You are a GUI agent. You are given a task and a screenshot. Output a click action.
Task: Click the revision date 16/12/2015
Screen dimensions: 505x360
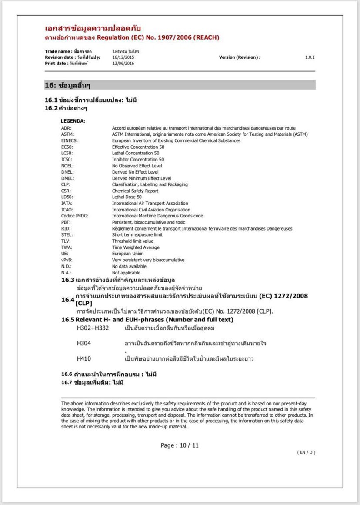122,57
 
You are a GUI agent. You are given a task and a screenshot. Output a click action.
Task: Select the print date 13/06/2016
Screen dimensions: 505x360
123,64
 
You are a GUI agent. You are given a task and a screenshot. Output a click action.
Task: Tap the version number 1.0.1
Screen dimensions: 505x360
310,57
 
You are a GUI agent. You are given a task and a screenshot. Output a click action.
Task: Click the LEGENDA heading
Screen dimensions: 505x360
73,121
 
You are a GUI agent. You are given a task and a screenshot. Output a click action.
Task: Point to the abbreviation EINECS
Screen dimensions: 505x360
70,140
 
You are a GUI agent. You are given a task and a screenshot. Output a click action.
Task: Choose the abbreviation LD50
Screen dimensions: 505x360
67,197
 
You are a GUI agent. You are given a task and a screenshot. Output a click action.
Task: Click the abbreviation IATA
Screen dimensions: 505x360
67,203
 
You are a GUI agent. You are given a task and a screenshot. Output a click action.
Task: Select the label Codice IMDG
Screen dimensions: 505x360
74,216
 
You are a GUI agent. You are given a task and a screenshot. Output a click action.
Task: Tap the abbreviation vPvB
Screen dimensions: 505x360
67,260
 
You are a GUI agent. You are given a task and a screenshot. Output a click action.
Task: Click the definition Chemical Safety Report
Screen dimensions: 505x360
135,191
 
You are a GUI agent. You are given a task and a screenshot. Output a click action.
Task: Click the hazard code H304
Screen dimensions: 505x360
84,344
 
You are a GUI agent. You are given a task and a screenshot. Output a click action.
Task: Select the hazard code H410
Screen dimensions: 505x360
84,359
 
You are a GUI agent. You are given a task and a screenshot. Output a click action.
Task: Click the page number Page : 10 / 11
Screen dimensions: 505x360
180,445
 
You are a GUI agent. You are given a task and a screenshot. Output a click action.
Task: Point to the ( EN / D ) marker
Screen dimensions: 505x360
306,452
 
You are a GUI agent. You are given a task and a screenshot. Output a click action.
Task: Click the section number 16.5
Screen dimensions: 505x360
68,320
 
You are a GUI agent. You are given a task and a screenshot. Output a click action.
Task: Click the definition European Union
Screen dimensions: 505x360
128,254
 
